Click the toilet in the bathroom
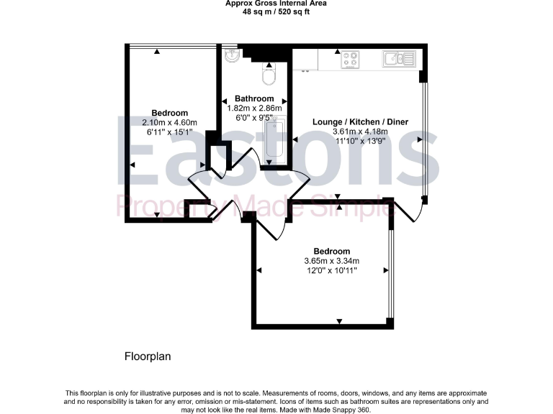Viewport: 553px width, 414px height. point(269,74)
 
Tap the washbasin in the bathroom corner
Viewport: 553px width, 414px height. point(231,55)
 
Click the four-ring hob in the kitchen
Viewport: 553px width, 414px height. point(351,60)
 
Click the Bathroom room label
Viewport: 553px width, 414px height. point(255,98)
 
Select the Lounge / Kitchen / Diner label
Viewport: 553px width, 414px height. point(360,121)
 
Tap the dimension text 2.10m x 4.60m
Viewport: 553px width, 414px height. point(170,122)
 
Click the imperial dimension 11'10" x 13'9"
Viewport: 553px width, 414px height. point(360,141)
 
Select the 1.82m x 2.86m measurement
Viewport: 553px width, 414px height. point(255,108)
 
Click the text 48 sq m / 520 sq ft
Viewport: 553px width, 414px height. point(276,11)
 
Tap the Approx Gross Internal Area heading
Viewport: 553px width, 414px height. point(276,4)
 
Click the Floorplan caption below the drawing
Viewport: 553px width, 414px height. point(148,356)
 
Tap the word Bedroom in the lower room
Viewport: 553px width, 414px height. point(332,251)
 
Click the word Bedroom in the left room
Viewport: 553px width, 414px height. point(170,113)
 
